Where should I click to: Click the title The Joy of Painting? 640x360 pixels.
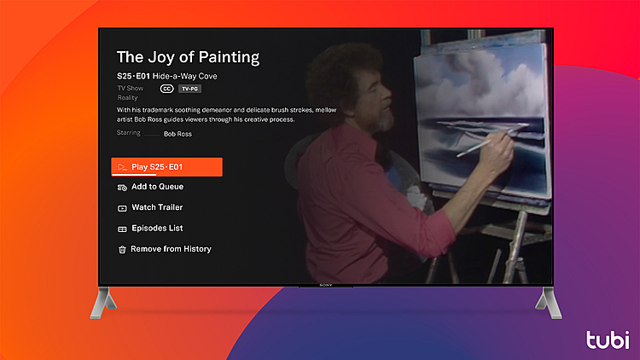[188, 58]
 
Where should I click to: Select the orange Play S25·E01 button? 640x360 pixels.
[167, 166]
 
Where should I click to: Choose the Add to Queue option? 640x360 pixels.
[157, 187]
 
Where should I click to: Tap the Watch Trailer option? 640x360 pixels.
[157, 207]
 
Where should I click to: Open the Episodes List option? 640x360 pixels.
[157, 229]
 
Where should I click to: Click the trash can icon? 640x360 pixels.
[122, 250]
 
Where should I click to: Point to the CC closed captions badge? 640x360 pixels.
[166, 89]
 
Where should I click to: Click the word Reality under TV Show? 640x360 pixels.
[128, 98]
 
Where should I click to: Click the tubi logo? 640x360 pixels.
[608, 338]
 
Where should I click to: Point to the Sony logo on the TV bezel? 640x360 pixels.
[325, 285]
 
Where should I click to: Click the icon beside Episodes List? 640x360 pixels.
[122, 229]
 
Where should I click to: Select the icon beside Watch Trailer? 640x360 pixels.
[122, 208]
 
